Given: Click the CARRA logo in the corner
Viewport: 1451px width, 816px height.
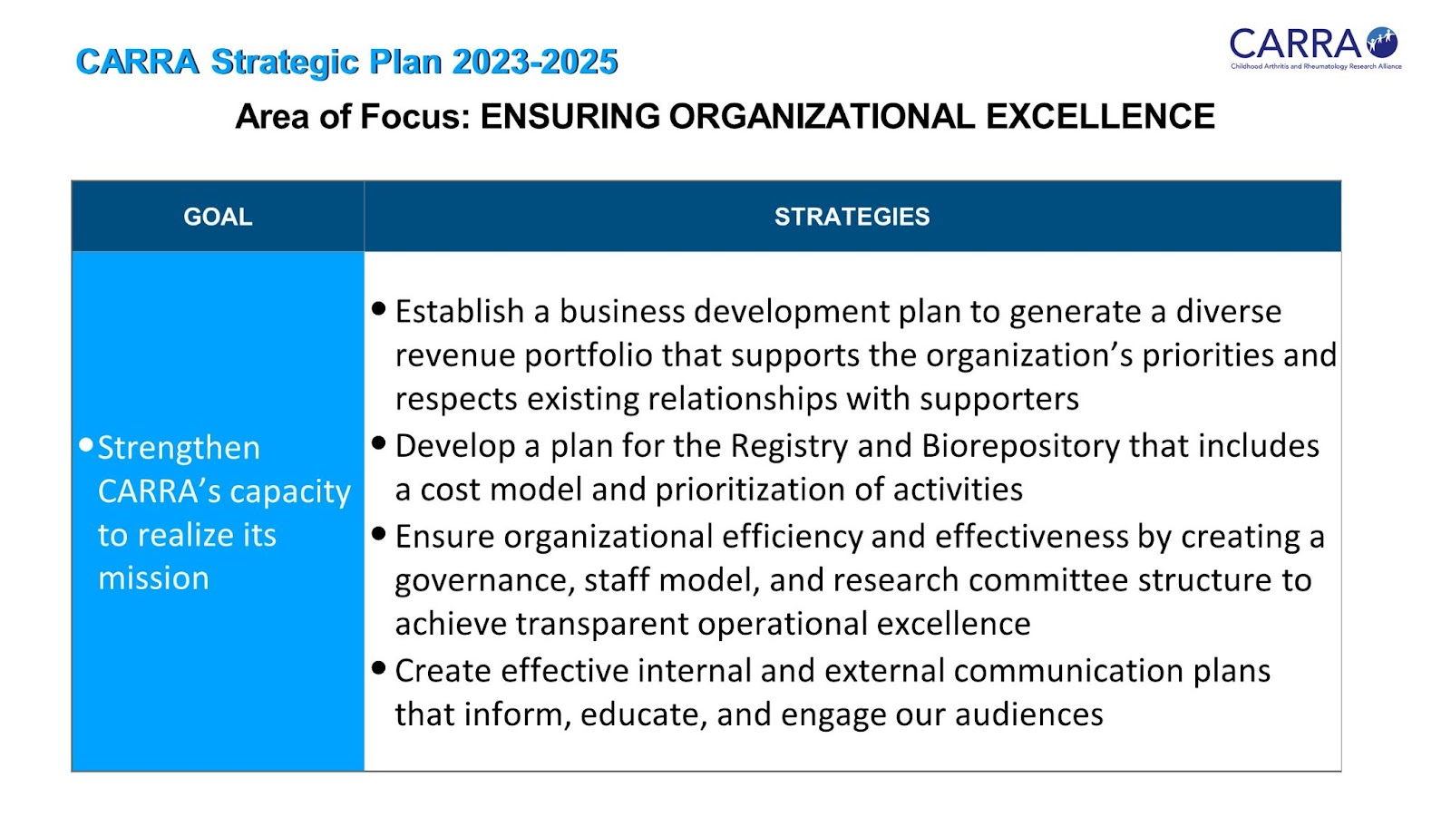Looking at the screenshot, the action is [x=1315, y=48].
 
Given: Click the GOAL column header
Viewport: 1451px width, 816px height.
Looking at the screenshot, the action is [x=218, y=217].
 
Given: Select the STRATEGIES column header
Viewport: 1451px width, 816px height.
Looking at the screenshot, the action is [x=852, y=217].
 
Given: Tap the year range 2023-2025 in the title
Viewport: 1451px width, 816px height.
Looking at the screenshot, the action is [x=535, y=63].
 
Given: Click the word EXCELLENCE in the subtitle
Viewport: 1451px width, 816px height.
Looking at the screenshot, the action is [x=1100, y=117].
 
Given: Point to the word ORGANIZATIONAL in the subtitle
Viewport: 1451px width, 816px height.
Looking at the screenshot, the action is [x=822, y=117].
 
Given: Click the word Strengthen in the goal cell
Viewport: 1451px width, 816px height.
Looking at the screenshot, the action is [x=179, y=448].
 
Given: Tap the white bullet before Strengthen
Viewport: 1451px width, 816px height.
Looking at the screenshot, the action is [x=85, y=445].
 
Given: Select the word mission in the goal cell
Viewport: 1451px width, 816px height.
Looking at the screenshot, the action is [x=153, y=578].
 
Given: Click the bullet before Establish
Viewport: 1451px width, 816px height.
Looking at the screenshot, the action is [x=379, y=308].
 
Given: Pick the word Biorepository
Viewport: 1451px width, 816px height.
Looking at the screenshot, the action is [x=1020, y=447].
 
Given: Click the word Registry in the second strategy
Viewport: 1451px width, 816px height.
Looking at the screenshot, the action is [x=789, y=447].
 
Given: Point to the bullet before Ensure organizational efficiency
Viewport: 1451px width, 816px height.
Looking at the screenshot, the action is [x=379, y=534].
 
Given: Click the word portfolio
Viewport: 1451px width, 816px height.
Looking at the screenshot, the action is [x=589, y=355].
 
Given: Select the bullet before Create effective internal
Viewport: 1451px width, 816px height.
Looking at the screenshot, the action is [x=379, y=667].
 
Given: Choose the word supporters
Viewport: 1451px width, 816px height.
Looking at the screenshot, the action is [x=999, y=400].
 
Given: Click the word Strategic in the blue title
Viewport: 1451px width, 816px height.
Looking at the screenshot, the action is [x=285, y=63].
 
